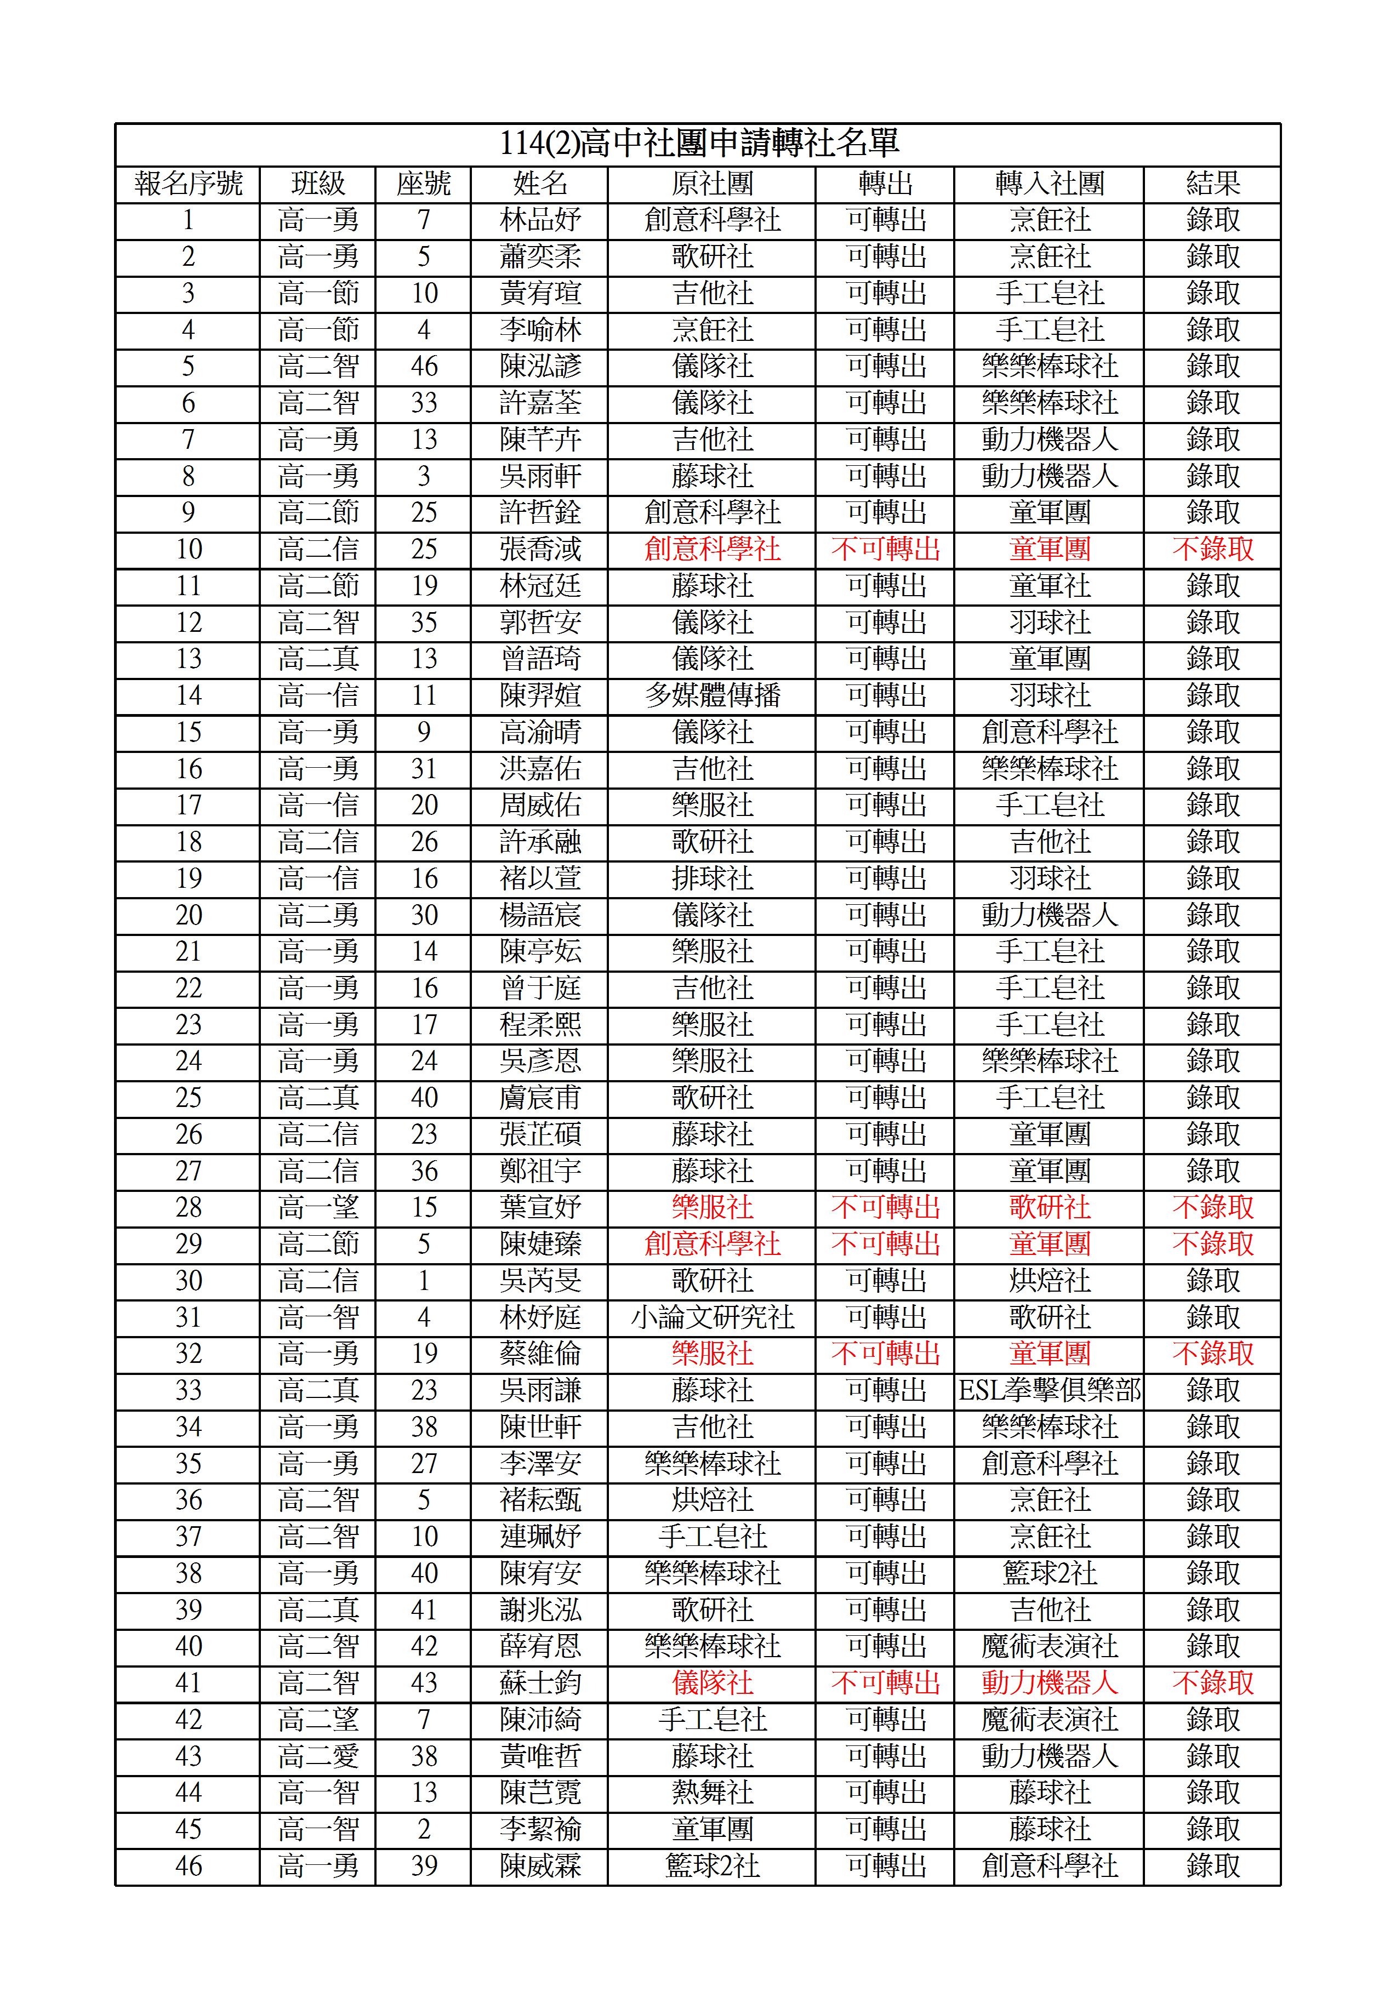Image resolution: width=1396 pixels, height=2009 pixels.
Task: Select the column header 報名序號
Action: pos(188,184)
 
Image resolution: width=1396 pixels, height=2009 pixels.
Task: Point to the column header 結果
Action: pos(1212,184)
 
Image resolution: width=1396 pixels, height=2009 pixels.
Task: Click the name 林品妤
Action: pos(540,220)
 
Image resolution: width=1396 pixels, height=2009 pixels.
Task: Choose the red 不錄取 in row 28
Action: pos(1212,1208)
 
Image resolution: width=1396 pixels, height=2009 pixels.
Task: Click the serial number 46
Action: pos(188,1867)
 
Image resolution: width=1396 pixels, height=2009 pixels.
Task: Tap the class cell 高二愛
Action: pos(318,1756)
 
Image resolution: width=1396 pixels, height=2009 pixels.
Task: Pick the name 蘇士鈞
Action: pos(540,1683)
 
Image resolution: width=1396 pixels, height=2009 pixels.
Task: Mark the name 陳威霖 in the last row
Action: pos(540,1867)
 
